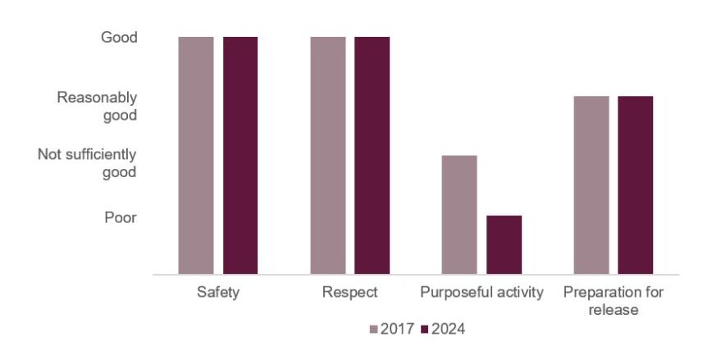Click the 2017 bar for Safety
point(196,156)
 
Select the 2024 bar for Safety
point(240,156)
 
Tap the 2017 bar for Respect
point(328,156)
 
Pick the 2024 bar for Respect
point(372,156)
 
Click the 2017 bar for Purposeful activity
point(459,215)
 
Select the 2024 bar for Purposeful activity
point(504,244)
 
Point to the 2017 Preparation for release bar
point(591,185)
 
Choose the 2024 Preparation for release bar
point(635,185)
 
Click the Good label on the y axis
point(119,38)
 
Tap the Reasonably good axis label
point(97,107)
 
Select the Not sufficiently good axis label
point(87,163)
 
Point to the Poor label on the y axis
point(120,217)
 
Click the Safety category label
point(218,293)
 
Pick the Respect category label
point(349,293)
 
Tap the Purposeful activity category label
point(482,293)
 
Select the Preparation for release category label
point(613,301)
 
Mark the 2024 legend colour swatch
point(425,330)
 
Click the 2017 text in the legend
point(397,330)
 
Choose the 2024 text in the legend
point(448,330)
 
